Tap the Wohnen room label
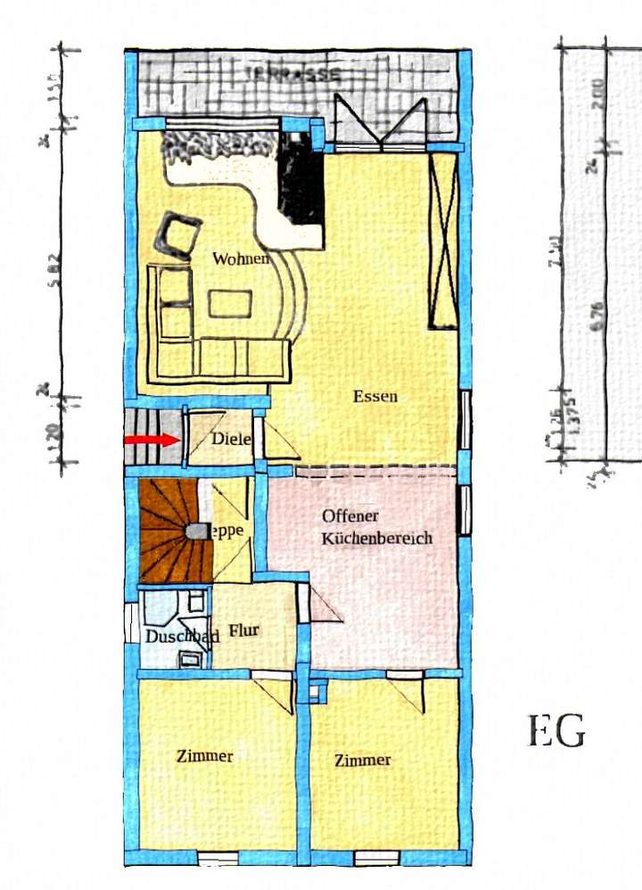240,260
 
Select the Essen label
374,397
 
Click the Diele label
231,439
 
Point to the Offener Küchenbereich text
376,527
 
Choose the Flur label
243,630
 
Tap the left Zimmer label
204,756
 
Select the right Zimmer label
362,760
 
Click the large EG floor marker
557,731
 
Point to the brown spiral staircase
174,531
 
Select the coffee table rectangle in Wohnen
230,304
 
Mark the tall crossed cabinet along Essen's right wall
442,241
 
